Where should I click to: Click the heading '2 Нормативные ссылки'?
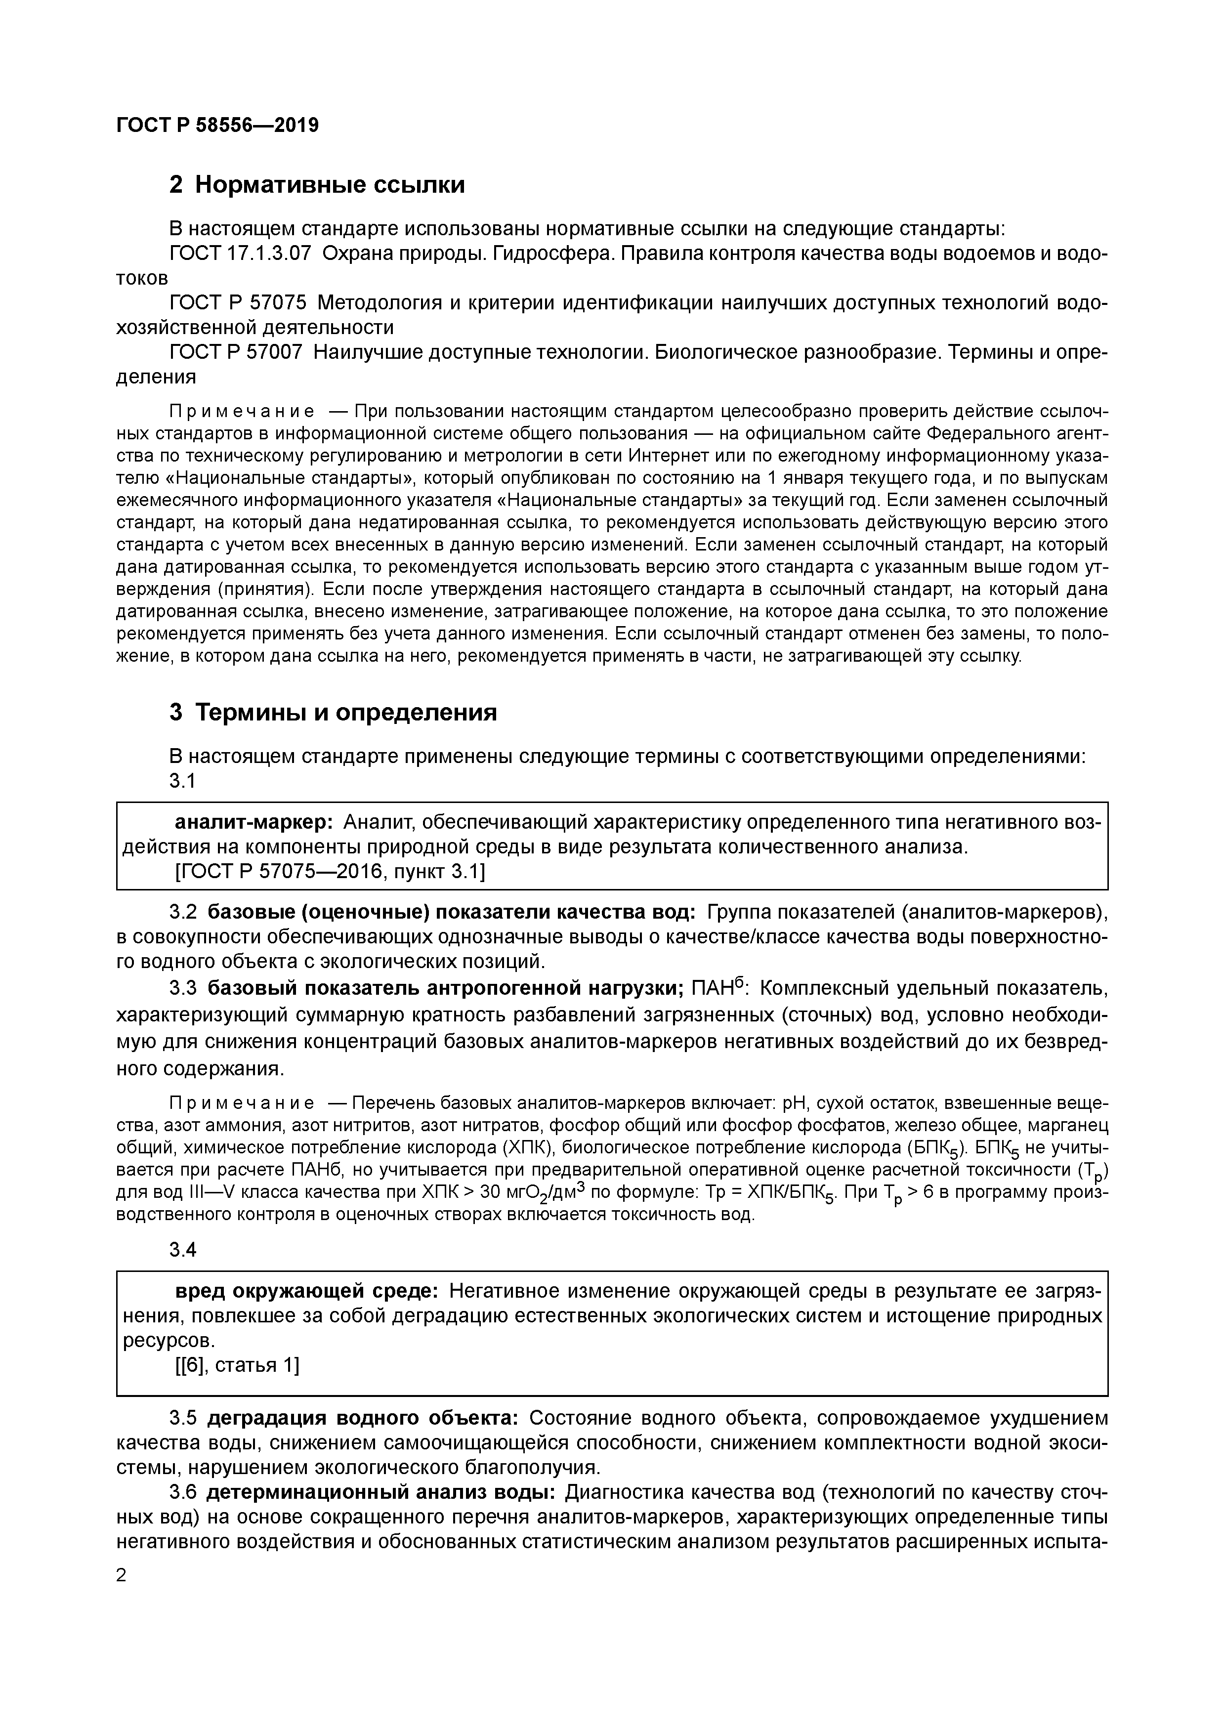click(317, 185)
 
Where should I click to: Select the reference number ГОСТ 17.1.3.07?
click(240, 254)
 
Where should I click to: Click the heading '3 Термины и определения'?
click(333, 712)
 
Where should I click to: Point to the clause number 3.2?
click(183, 913)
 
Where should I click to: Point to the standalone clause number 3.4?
click(183, 1250)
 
